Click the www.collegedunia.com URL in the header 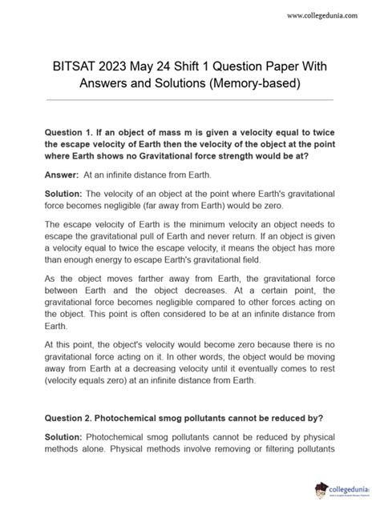[x=325, y=14]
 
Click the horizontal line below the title [x=190, y=100]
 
